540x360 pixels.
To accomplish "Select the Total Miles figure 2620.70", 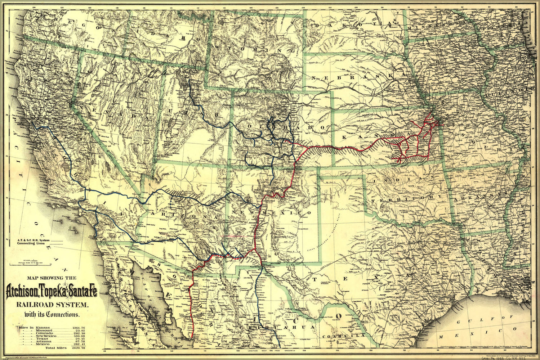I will tap(79, 348).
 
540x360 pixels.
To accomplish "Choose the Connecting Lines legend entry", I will tap(31, 243).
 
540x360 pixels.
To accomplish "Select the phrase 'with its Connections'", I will tap(52, 314).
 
